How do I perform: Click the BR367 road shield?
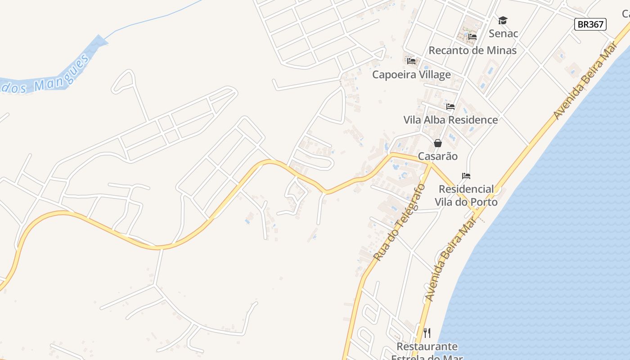click(x=590, y=24)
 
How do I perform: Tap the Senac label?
click(x=503, y=34)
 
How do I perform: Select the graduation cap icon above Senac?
click(x=503, y=20)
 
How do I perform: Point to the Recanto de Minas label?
click(x=472, y=50)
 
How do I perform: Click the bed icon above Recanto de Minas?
click(x=472, y=37)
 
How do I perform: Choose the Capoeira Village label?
click(x=411, y=75)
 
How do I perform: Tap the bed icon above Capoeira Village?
click(x=411, y=61)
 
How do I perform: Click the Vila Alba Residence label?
click(x=450, y=120)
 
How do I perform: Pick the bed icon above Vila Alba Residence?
click(x=450, y=107)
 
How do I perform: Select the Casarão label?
click(x=438, y=157)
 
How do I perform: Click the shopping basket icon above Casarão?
click(x=438, y=143)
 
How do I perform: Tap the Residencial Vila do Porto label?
click(x=466, y=195)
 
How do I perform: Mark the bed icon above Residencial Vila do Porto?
click(x=466, y=175)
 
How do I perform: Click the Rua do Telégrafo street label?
click(x=399, y=222)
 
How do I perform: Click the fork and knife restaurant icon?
click(x=427, y=333)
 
